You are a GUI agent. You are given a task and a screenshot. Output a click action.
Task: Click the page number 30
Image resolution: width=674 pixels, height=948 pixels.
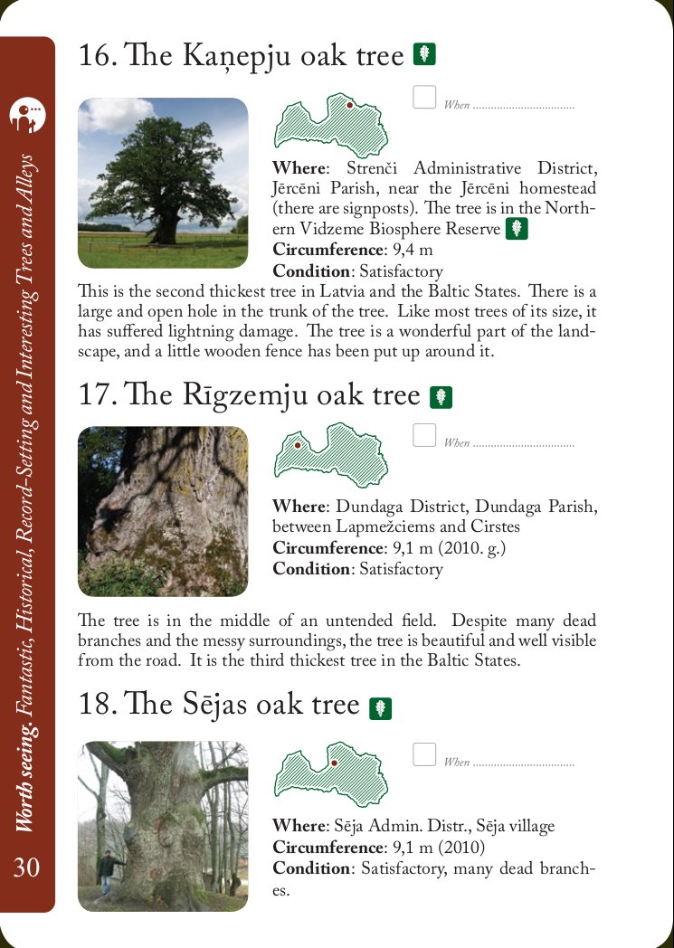[27, 867]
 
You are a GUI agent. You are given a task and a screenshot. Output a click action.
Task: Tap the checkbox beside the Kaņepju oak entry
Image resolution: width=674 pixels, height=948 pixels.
[424, 97]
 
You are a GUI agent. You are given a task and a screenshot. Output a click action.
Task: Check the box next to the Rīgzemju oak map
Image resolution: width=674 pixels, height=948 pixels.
[424, 436]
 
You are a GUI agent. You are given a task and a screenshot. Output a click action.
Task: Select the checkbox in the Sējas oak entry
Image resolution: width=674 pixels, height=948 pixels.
[424, 754]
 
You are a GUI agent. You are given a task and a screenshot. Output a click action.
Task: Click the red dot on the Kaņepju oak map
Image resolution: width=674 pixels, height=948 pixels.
[350, 105]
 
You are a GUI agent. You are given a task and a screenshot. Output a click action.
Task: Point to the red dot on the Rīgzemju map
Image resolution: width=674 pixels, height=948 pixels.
[297, 444]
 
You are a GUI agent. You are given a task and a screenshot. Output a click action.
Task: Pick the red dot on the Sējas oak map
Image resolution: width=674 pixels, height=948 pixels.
[334, 763]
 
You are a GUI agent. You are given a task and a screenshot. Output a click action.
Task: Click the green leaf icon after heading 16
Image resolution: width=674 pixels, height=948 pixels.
[424, 54]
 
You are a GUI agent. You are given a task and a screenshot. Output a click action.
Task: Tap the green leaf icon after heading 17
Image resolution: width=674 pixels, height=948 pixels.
[441, 396]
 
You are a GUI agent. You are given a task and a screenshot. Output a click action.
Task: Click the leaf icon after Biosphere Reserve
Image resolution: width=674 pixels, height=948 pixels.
[517, 229]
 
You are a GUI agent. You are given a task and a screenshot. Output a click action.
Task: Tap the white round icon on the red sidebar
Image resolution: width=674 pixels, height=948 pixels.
[27, 114]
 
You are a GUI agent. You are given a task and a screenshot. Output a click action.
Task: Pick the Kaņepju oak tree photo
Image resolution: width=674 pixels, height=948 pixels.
[163, 183]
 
